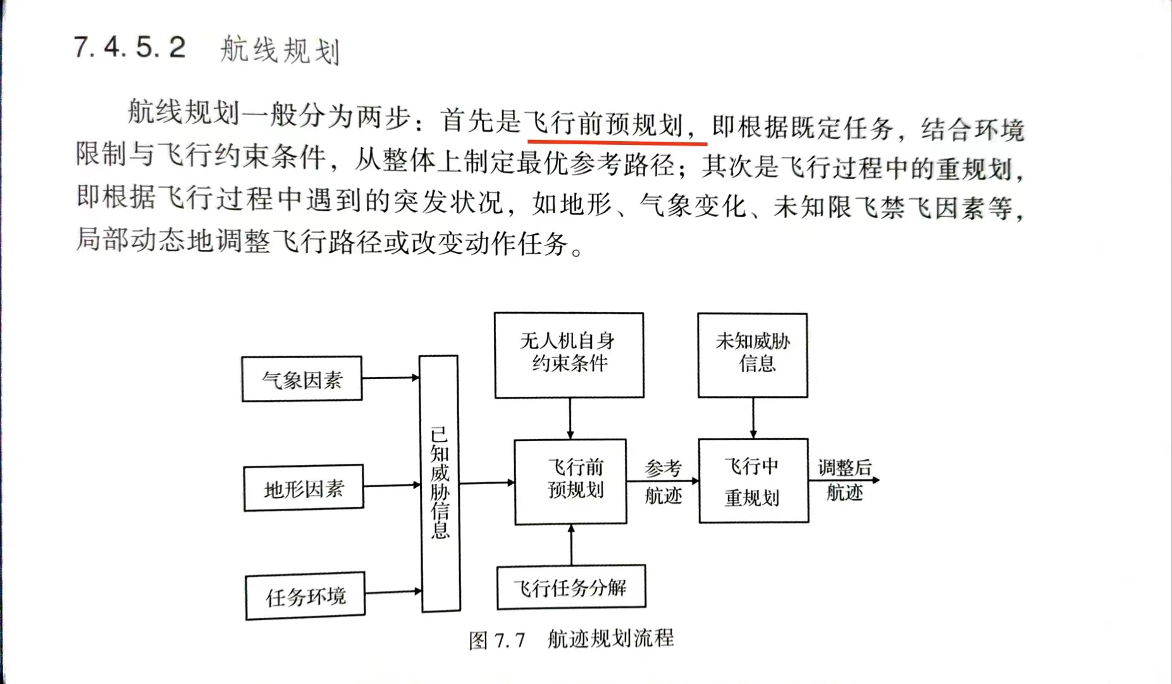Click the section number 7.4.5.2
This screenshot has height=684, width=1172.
click(130, 47)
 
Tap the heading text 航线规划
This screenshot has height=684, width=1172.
click(280, 50)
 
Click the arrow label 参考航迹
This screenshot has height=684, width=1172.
click(663, 482)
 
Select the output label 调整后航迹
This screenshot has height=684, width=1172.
click(845, 480)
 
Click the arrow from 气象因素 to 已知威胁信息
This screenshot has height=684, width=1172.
click(391, 378)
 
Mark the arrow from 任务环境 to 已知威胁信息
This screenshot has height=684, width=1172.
click(393, 592)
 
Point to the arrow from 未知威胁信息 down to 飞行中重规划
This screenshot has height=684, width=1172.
click(753, 418)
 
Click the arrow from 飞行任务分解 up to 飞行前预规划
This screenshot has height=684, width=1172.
click(571, 545)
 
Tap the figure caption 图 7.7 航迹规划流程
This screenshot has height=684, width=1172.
click(571, 639)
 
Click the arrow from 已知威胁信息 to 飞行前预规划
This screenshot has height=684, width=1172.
click(487, 483)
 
